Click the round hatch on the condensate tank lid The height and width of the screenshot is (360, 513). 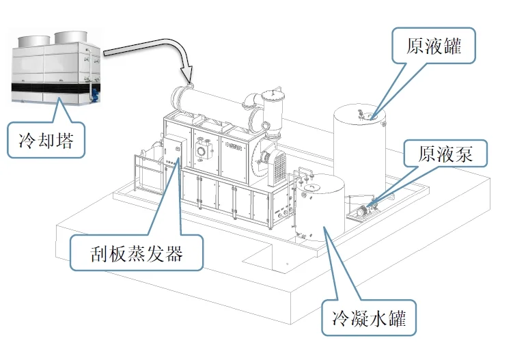coord(310,185)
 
